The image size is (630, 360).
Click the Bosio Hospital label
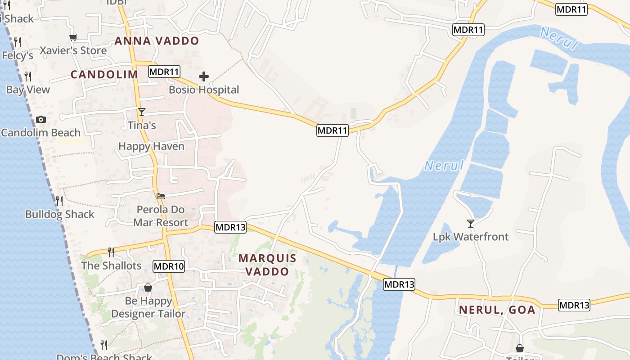204,90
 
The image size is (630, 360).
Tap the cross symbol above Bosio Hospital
204,76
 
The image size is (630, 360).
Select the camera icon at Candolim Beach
41,119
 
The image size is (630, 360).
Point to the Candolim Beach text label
41,133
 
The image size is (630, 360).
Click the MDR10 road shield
169,266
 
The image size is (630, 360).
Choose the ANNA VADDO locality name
157,41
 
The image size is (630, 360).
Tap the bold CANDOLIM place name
104,75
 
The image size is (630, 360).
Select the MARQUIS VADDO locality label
267,265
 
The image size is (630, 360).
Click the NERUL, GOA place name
497,310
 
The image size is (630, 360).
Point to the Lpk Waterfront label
471,237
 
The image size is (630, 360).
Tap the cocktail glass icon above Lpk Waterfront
471,223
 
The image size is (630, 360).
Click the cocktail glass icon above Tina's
142,112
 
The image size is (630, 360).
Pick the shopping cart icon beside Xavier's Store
73,38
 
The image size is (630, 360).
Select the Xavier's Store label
73,50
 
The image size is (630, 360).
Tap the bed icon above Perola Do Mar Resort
161,196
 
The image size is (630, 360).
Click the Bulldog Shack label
60,214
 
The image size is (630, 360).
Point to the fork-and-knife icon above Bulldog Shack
59,201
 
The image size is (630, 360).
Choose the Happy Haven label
151,146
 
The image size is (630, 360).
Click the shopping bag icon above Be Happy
148,288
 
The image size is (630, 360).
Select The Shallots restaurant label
111,265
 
